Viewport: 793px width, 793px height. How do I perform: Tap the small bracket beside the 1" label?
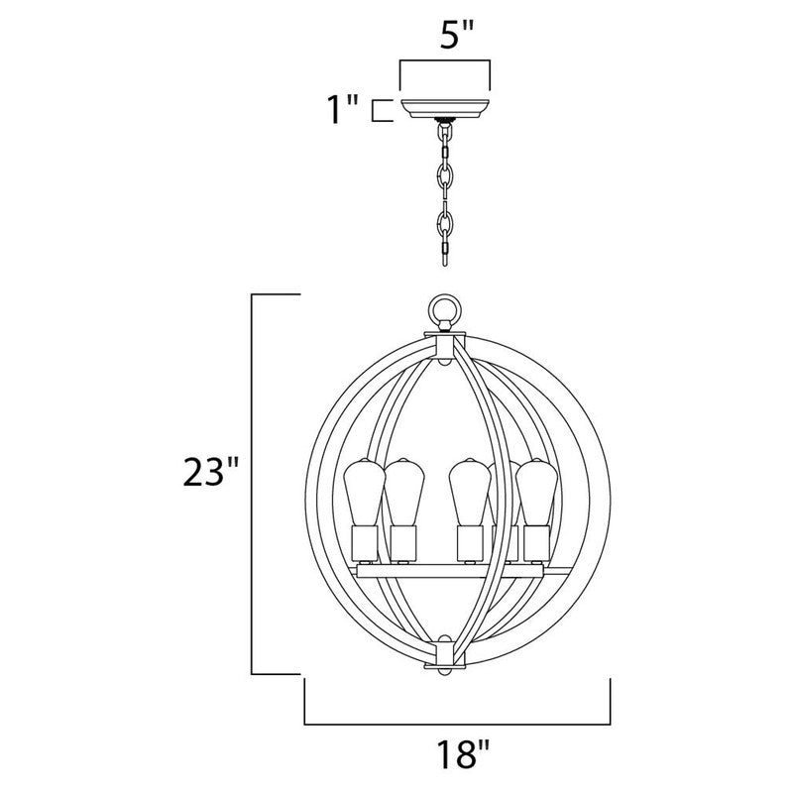click(379, 110)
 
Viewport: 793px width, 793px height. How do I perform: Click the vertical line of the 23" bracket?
click(253, 484)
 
